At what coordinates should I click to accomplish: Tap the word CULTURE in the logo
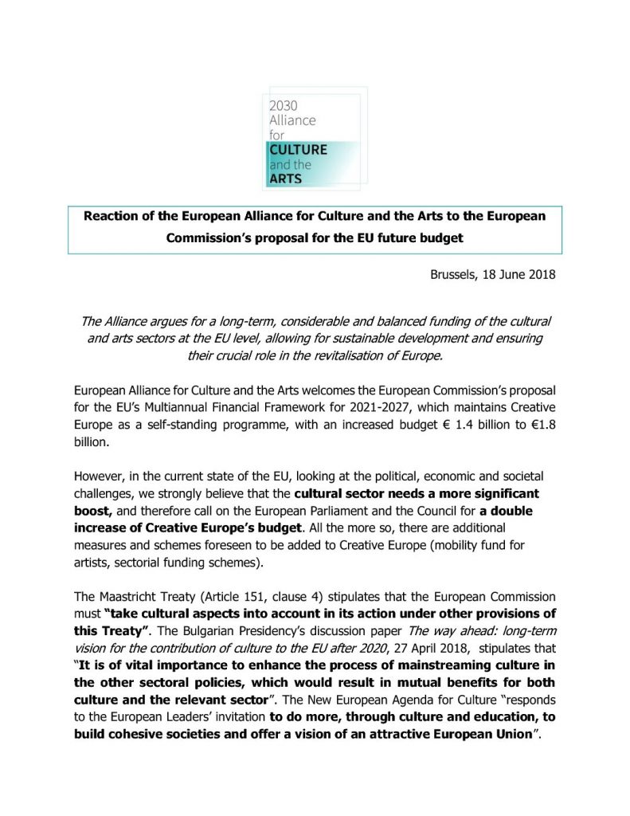(298, 149)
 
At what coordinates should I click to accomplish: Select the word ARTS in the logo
(286, 178)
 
